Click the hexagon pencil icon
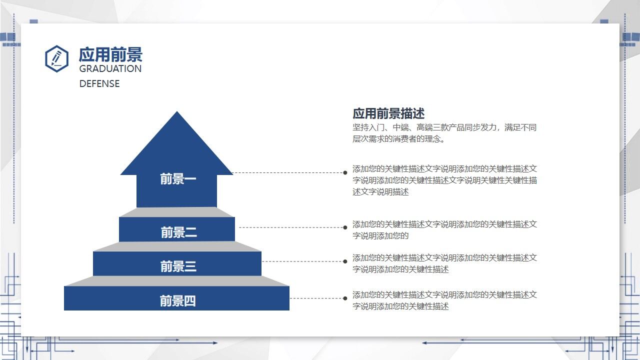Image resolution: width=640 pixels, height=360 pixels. point(56,58)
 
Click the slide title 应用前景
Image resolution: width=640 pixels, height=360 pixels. point(110,54)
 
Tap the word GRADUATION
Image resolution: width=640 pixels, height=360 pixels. point(110,69)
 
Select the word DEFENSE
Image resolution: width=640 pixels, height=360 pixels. point(99,84)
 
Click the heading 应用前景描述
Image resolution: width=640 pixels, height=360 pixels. point(388,113)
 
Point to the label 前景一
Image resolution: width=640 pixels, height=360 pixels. point(178,179)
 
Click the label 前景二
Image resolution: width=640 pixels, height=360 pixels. point(178,232)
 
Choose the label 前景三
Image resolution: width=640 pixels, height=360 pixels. point(178,266)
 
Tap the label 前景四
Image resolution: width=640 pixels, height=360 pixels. point(177,301)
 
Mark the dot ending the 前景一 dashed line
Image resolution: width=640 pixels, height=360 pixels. point(345,173)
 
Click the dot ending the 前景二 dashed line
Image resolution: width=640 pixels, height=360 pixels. point(345,227)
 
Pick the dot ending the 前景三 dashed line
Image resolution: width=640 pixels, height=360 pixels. point(345,261)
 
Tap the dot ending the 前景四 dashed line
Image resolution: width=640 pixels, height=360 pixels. point(345,298)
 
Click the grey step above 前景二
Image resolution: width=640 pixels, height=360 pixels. point(177,212)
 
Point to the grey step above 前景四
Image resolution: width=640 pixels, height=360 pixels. point(177,281)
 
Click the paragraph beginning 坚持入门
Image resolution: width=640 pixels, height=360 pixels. point(444,133)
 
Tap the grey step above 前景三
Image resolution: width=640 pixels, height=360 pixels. point(177,246)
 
